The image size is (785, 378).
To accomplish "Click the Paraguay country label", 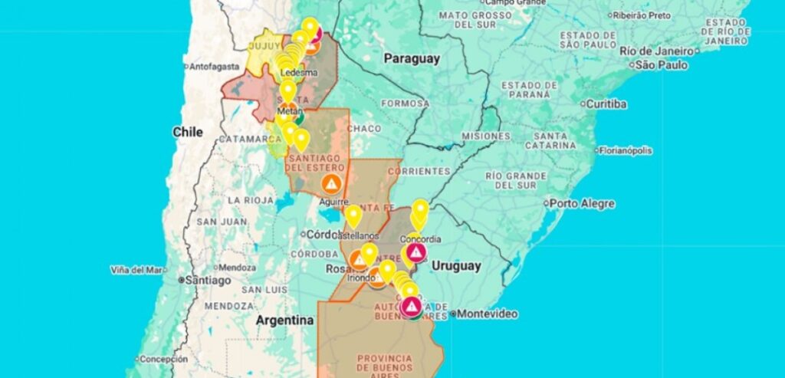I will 412,58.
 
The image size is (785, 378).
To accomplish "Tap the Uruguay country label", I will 455,266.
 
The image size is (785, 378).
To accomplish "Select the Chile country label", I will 188,132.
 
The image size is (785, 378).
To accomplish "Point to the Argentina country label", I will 284,319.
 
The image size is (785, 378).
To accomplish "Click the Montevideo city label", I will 488,314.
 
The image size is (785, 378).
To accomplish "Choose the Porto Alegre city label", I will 582,203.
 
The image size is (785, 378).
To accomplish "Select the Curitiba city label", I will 606,104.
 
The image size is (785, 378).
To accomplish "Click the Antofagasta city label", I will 214,66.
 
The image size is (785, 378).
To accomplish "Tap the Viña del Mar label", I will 138,270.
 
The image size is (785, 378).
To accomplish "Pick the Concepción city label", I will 163,359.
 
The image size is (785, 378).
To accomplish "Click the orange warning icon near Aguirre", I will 331,183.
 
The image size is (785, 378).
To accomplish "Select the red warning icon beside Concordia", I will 415,251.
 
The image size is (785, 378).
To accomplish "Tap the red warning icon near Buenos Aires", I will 412,307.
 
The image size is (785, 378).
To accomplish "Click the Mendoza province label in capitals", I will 228,305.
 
